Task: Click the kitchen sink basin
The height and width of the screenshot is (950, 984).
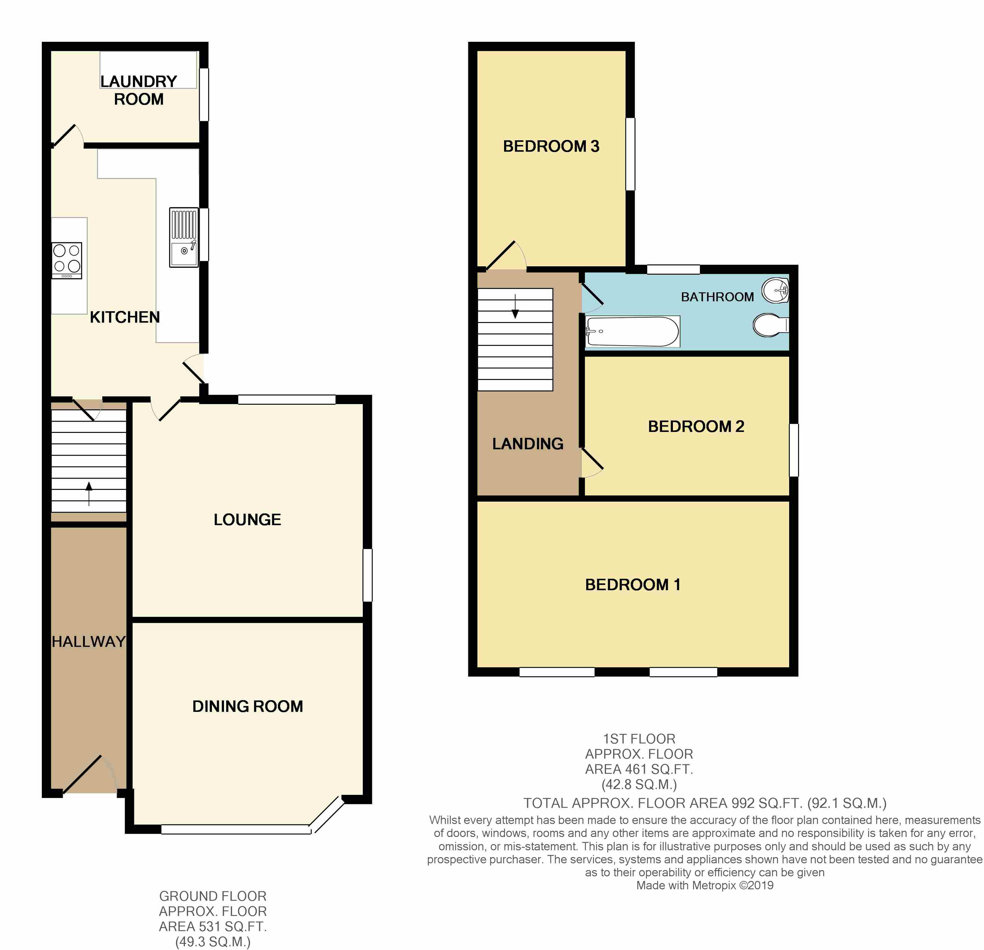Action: (x=184, y=253)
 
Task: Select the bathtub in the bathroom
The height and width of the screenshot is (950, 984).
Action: (x=633, y=331)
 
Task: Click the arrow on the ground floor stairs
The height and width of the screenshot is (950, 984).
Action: (x=89, y=494)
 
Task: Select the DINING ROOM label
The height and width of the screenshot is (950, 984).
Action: (x=247, y=706)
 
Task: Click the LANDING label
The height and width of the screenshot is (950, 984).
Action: (x=528, y=444)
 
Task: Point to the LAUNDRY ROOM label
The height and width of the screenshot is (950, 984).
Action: (x=138, y=90)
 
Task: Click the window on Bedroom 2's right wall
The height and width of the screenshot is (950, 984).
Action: (x=794, y=450)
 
